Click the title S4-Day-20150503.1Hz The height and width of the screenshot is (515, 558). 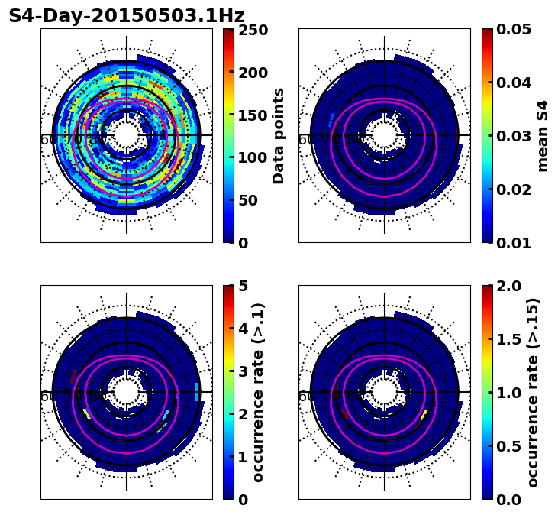(x=127, y=16)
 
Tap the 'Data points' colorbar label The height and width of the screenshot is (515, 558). (x=279, y=136)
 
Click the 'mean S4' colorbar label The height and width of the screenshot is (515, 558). (x=543, y=136)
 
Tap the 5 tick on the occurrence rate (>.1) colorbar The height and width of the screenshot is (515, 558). (x=242, y=286)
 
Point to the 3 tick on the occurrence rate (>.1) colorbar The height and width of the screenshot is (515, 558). (x=242, y=371)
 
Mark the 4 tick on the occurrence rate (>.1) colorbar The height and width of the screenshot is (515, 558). (x=242, y=329)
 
